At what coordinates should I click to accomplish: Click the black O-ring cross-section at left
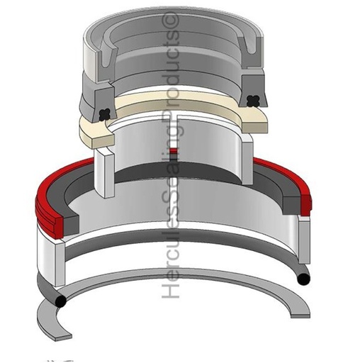pos(61,301)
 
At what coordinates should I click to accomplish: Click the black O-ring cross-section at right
pos(303,279)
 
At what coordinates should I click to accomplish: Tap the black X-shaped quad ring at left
pos(105,114)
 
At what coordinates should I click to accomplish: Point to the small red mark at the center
pos(174,150)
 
